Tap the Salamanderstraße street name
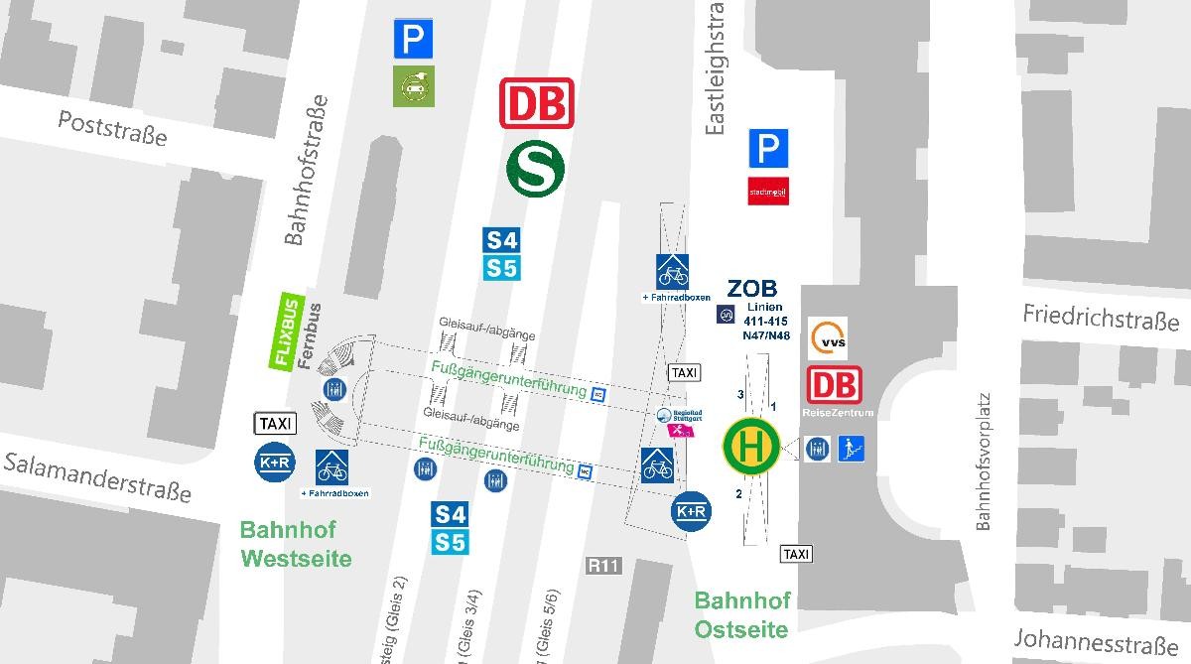point(95,477)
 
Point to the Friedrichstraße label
point(1101,319)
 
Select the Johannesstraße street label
point(1101,641)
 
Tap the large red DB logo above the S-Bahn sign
point(537,103)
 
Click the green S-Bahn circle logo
point(536,168)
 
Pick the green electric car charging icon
point(413,85)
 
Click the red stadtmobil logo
point(768,191)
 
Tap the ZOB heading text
point(752,289)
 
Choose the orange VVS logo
point(828,339)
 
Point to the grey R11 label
point(603,566)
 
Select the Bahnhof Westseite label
point(296,544)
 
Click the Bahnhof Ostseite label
point(741,614)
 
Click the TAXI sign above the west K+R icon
point(275,424)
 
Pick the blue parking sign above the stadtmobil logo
point(768,150)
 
